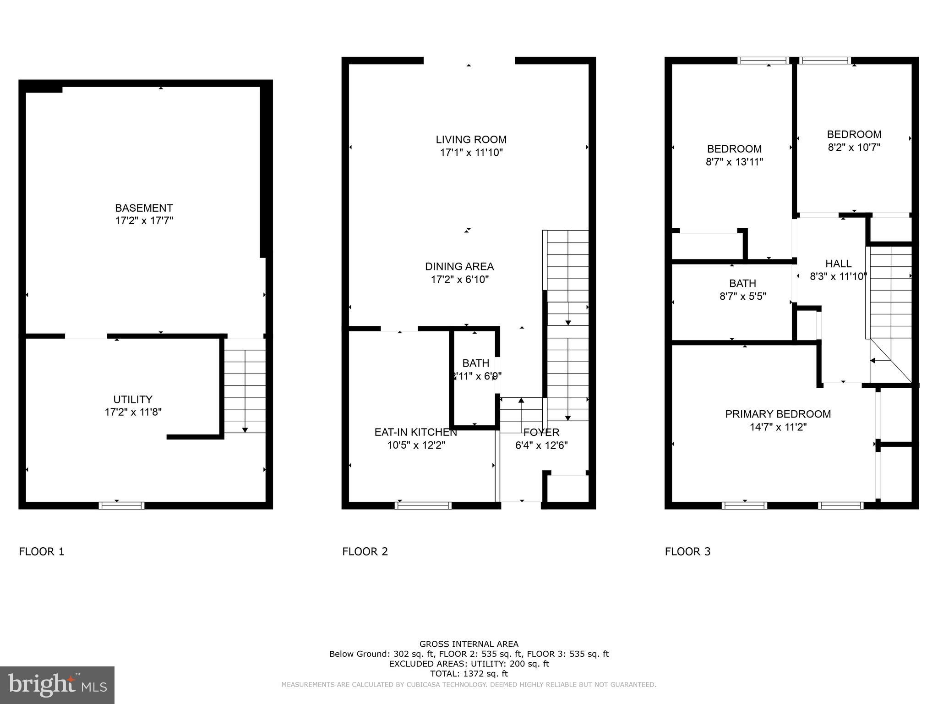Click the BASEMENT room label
tap(144, 208)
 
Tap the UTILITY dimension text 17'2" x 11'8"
tap(133, 412)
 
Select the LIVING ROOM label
tap(471, 139)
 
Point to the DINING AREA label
tap(459, 266)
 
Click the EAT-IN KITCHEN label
tap(415, 432)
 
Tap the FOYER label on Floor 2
tap(541, 432)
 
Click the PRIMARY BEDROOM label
tap(778, 414)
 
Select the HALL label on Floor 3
tap(838, 264)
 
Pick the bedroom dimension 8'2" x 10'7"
tap(854, 148)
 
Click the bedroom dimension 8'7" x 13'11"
tap(734, 162)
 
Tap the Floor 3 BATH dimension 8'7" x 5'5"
tap(742, 297)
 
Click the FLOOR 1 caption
tap(42, 551)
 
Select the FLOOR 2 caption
tap(365, 551)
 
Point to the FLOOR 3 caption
tap(687, 551)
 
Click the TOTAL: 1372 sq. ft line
tap(469, 674)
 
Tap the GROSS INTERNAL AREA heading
tap(469, 644)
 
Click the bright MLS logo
tap(57, 685)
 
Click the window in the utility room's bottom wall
tap(121, 506)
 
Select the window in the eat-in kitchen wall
tap(423, 506)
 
